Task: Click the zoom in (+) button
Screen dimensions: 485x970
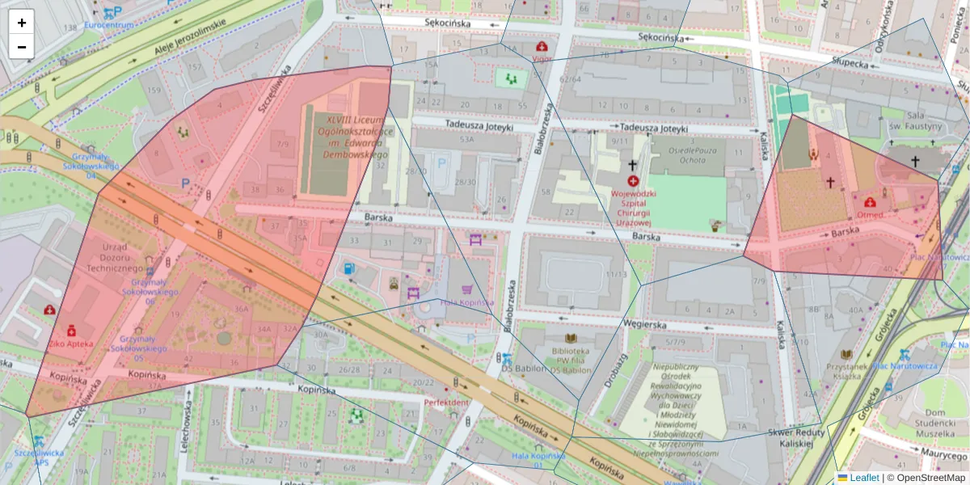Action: click(x=21, y=23)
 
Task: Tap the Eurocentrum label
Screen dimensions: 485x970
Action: click(x=109, y=25)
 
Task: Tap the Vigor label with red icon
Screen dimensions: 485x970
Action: click(x=542, y=58)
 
